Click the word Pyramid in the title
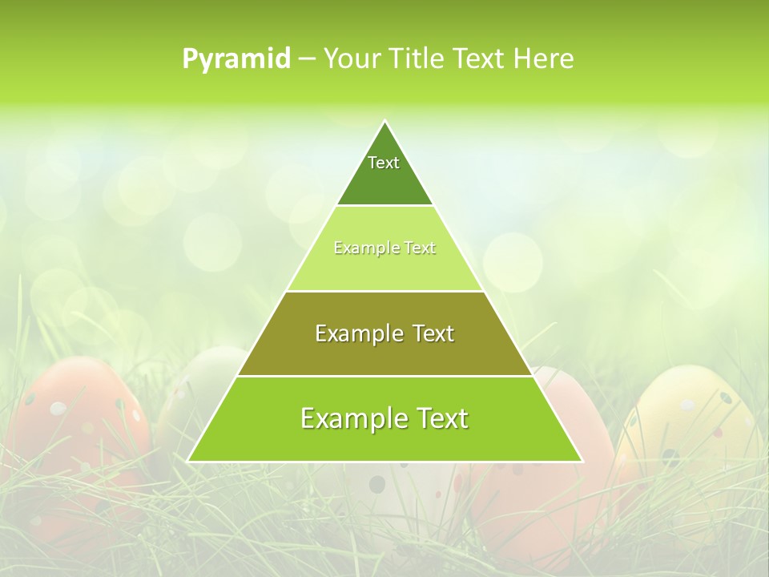(x=236, y=59)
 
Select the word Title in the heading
(x=420, y=59)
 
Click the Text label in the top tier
(x=384, y=163)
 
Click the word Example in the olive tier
(x=355, y=333)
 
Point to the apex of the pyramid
(x=384, y=122)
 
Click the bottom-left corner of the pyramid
(x=189, y=461)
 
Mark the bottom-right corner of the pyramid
(x=581, y=461)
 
